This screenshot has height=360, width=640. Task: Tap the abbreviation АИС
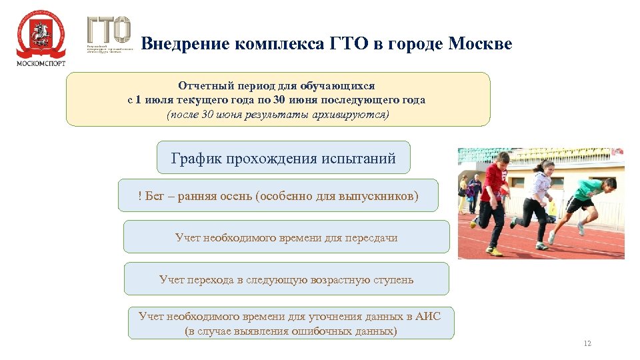point(428,316)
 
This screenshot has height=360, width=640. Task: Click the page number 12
point(587,343)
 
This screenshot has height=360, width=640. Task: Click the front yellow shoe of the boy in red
point(494,251)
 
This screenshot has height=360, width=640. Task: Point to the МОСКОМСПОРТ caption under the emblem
point(41,63)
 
